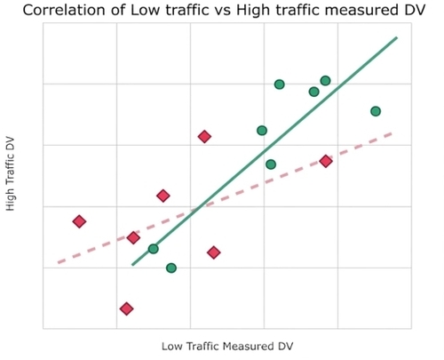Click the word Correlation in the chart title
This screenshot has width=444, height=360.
pyautogui.click(x=65, y=10)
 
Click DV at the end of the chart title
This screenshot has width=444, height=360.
pyautogui.click(x=415, y=10)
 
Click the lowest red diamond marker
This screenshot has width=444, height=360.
pyautogui.click(x=126, y=308)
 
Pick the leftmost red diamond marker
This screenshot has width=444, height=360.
pyautogui.click(x=79, y=221)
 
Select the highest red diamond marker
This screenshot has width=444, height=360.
pyautogui.click(x=204, y=137)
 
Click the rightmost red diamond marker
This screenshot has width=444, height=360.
pyautogui.click(x=326, y=161)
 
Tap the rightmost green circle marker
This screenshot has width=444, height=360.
pyautogui.click(x=376, y=111)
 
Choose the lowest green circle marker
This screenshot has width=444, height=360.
pyautogui.click(x=171, y=268)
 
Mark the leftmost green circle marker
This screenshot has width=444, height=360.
pyautogui.click(x=153, y=249)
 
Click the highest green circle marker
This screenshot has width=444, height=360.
pyautogui.click(x=325, y=81)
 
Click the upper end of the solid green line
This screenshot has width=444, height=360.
pyautogui.click(x=397, y=37)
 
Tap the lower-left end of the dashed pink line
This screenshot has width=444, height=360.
pyautogui.click(x=59, y=262)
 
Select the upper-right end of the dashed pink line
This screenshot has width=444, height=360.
pyautogui.click(x=392, y=133)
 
